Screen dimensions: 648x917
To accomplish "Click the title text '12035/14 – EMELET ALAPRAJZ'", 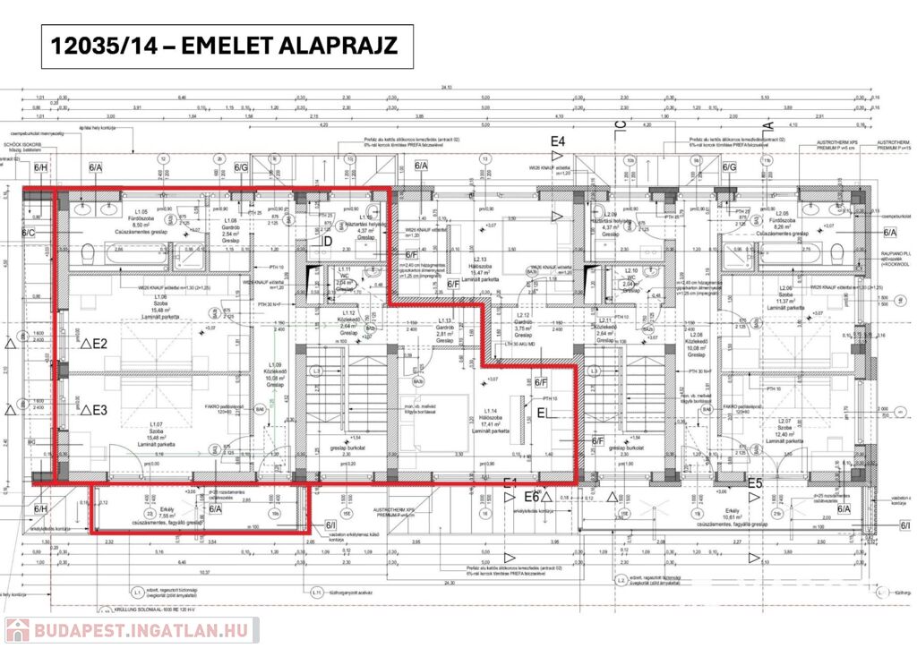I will (x=227, y=47).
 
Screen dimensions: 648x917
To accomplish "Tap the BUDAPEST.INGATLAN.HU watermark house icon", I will (x=17, y=630).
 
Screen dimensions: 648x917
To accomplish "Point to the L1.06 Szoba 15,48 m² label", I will (x=161, y=307).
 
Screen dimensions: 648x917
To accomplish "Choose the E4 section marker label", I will (x=558, y=141).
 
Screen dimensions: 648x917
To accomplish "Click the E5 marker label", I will (x=755, y=484).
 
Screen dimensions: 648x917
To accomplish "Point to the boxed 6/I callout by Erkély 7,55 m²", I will (x=330, y=525).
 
